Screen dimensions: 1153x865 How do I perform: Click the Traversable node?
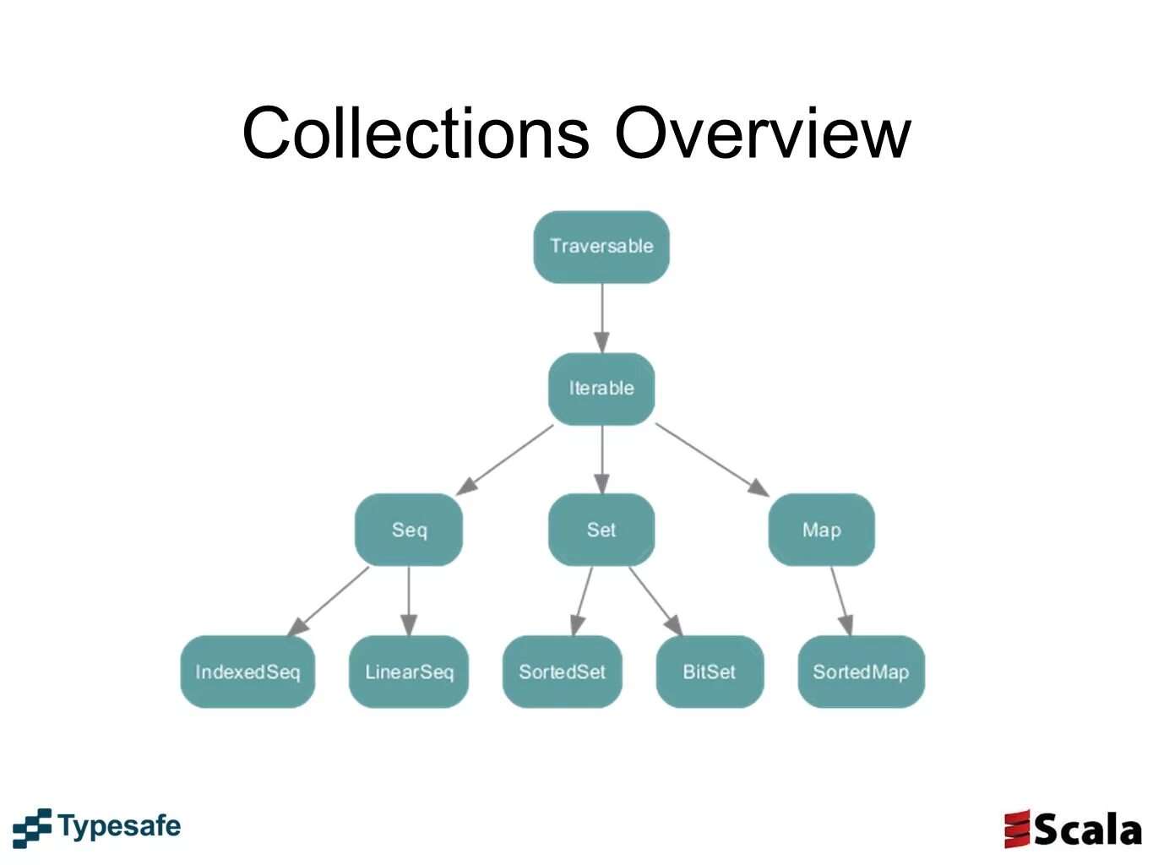click(601, 247)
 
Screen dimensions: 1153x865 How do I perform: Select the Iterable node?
click(601, 389)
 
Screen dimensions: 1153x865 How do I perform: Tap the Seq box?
click(409, 530)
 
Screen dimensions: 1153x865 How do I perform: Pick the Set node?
click(601, 530)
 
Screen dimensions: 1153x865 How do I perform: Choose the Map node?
click(821, 530)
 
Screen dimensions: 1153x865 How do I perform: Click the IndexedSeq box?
click(247, 672)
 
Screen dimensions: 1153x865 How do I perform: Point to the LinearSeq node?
click(409, 672)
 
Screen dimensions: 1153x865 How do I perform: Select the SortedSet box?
click(562, 672)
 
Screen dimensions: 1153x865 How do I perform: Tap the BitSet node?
click(710, 672)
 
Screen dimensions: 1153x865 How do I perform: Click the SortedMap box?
click(861, 672)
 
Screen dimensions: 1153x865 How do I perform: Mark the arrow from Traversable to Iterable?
click(601, 318)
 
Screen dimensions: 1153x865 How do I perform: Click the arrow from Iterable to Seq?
click(505, 459)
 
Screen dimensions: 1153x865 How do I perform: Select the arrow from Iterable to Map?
click(711, 459)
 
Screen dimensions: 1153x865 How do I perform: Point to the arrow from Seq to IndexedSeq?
click(329, 601)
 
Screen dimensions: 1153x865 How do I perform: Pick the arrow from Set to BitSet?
click(655, 600)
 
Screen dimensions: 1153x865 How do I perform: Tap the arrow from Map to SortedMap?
click(840, 601)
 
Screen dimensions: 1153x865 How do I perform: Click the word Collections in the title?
click(415, 133)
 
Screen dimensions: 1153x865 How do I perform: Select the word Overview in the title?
click(762, 133)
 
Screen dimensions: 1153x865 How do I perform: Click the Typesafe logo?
click(97, 827)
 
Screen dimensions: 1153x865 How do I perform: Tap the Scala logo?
click(1073, 829)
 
